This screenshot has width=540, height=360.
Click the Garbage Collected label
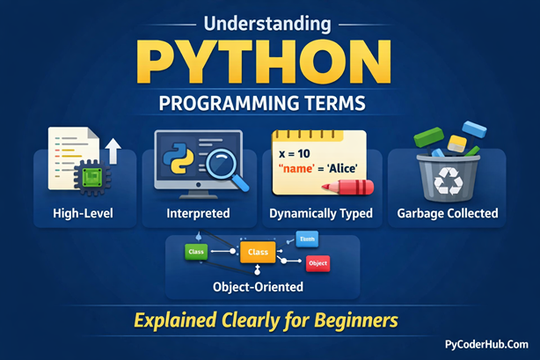pyautogui.click(x=448, y=213)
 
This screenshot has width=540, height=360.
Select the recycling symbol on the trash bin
pyautogui.click(x=446, y=180)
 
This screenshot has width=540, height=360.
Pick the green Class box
pyautogui.click(x=196, y=252)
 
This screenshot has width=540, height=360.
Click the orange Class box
pyautogui.click(x=259, y=252)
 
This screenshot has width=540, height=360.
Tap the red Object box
pyautogui.click(x=317, y=263)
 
